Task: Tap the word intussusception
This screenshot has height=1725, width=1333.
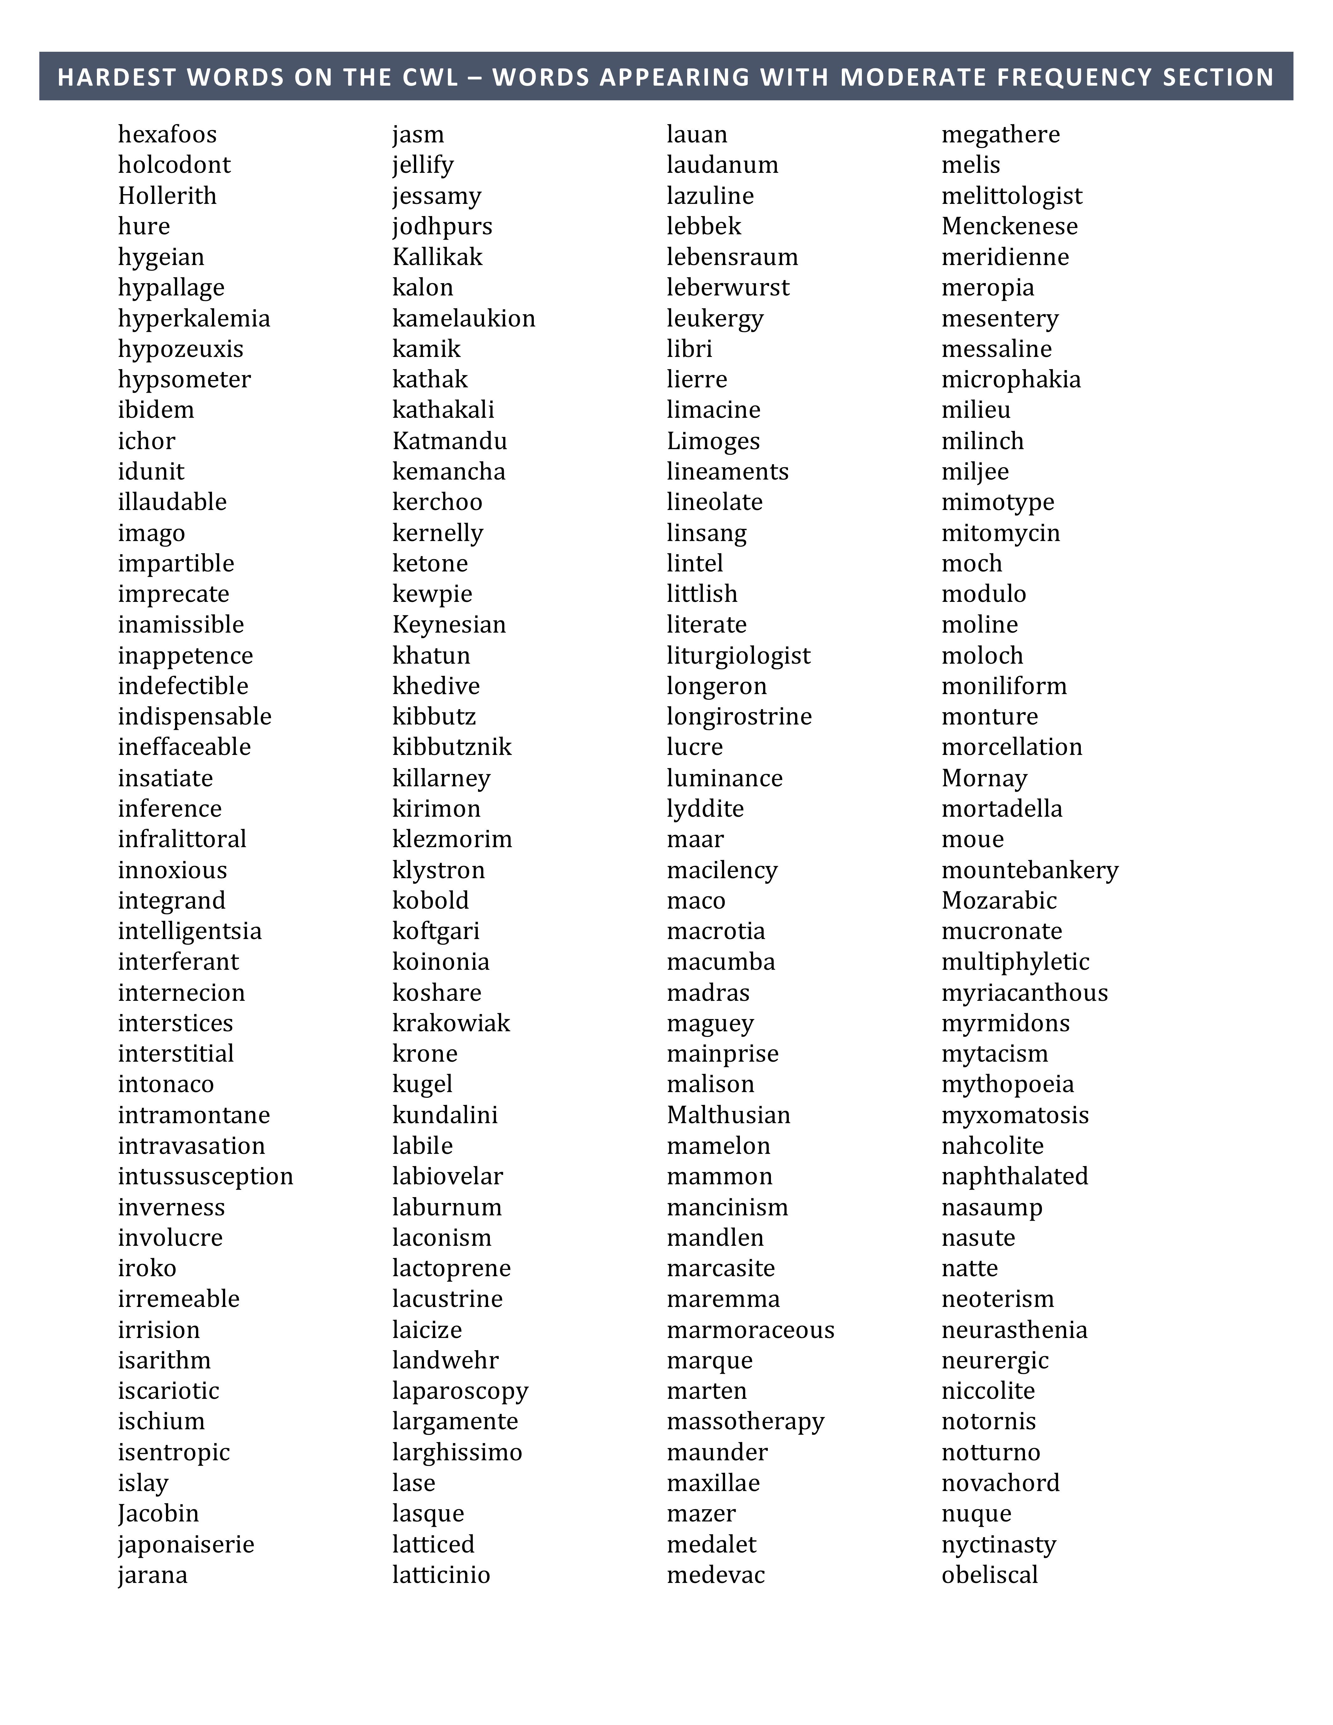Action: pyautogui.click(x=205, y=1177)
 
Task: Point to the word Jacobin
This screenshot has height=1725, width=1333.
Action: pyautogui.click(x=158, y=1514)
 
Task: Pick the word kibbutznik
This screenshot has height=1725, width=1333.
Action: pyautogui.click(x=452, y=747)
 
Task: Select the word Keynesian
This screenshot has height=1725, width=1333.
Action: pyautogui.click(x=449, y=625)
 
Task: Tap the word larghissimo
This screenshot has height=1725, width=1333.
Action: pyautogui.click(x=457, y=1452)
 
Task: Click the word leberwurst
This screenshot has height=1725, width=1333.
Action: pyautogui.click(x=727, y=288)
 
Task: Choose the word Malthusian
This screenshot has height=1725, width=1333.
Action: pyautogui.click(x=728, y=1115)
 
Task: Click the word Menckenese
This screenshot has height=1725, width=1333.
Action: pyautogui.click(x=1009, y=227)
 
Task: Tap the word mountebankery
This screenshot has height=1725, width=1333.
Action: pyautogui.click(x=1030, y=870)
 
